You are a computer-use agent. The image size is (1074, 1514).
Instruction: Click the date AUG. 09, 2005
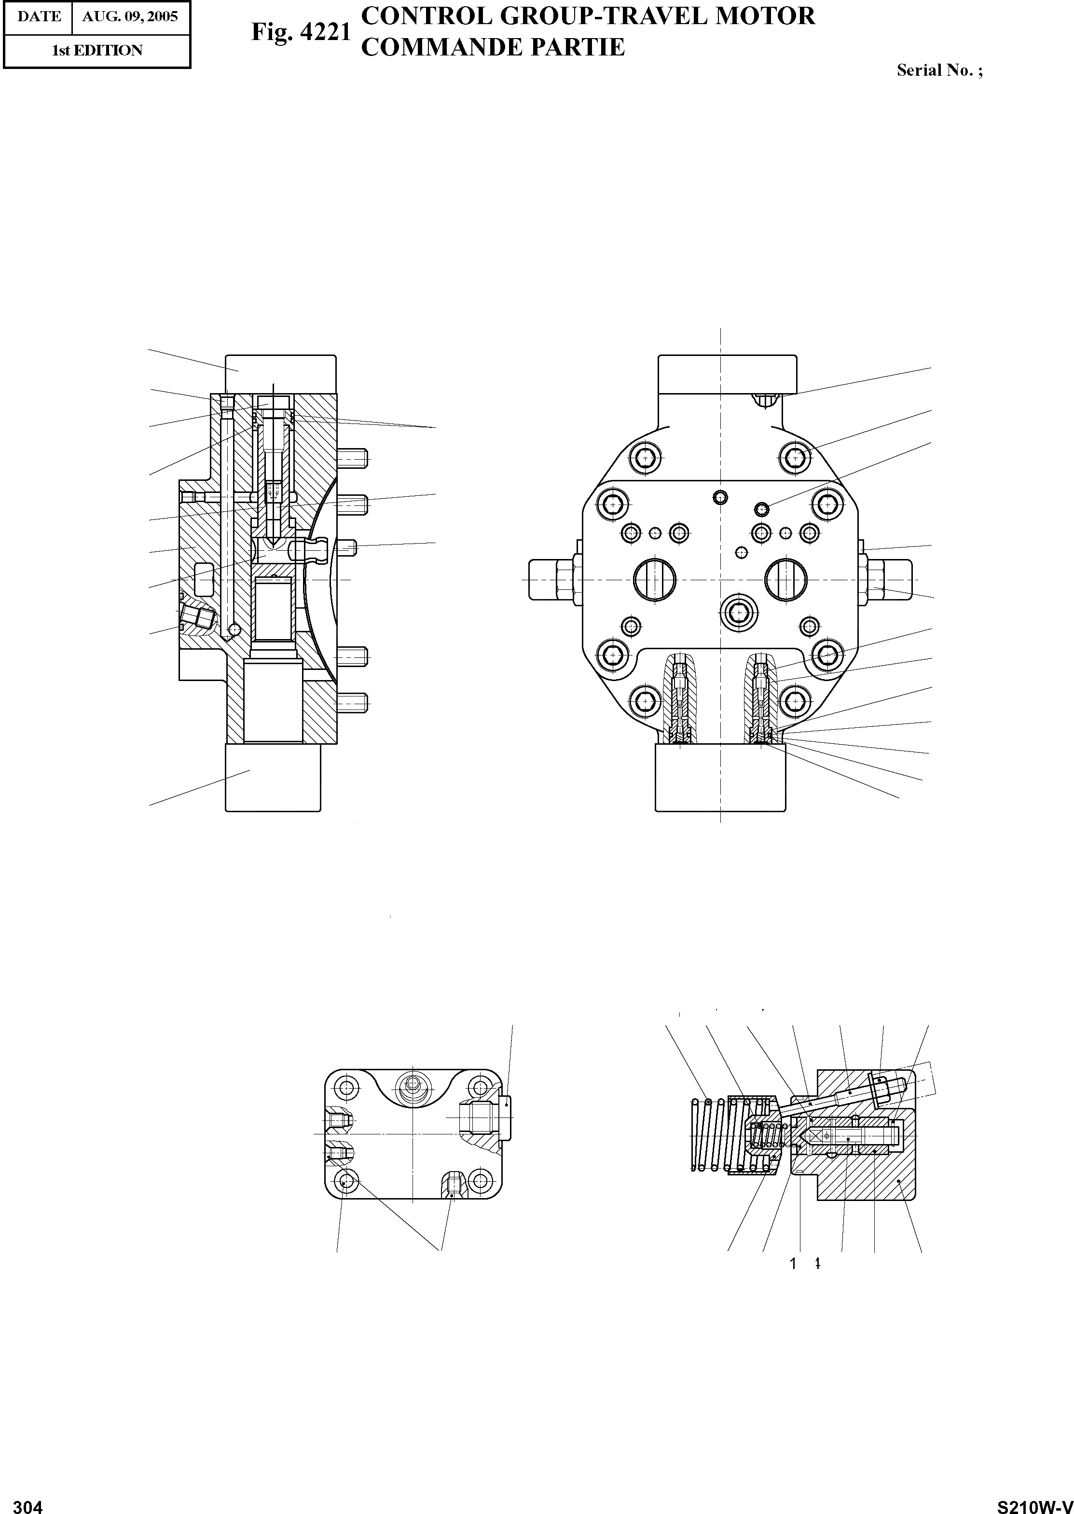point(130,16)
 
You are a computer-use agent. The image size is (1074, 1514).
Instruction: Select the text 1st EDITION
point(97,50)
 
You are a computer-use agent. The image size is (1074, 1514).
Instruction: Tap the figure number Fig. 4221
point(300,32)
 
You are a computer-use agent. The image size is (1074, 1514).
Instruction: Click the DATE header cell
point(39,16)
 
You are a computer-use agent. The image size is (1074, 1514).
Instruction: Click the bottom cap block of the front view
point(720,777)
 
